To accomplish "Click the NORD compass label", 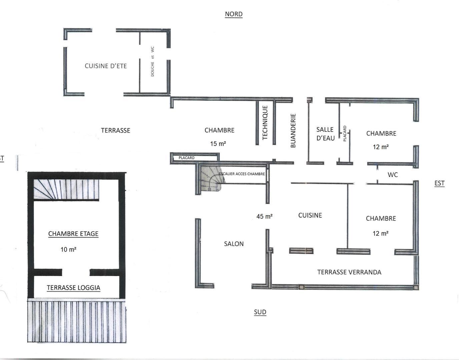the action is pyautogui.click(x=234, y=14).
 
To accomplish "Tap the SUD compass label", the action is pyautogui.click(x=260, y=312).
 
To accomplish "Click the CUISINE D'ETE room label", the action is pyautogui.click(x=106, y=66).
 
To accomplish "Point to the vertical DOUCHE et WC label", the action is pyautogui.click(x=152, y=61).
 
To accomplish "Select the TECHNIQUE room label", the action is pyautogui.click(x=265, y=123).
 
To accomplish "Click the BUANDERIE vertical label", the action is pyautogui.click(x=293, y=131).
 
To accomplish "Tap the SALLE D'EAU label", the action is pyautogui.click(x=326, y=134).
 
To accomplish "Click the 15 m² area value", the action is pyautogui.click(x=218, y=144).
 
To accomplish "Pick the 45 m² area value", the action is pyautogui.click(x=265, y=216).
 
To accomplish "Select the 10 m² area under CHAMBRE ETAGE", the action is pyautogui.click(x=68, y=249).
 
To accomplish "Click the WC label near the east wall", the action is pyautogui.click(x=393, y=175).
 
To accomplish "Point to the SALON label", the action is pyautogui.click(x=234, y=244).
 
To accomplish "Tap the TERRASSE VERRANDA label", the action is pyautogui.click(x=349, y=272).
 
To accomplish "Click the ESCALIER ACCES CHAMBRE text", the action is pyautogui.click(x=242, y=174).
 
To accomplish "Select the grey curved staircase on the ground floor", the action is pyautogui.click(x=212, y=178).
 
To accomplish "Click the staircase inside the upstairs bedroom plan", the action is pyautogui.click(x=66, y=189).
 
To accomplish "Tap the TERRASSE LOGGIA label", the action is pyautogui.click(x=73, y=288).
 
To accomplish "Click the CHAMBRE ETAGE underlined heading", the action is pyautogui.click(x=73, y=234).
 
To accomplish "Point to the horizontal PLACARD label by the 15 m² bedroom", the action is pyautogui.click(x=186, y=158).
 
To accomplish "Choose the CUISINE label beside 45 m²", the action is pyautogui.click(x=310, y=215).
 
